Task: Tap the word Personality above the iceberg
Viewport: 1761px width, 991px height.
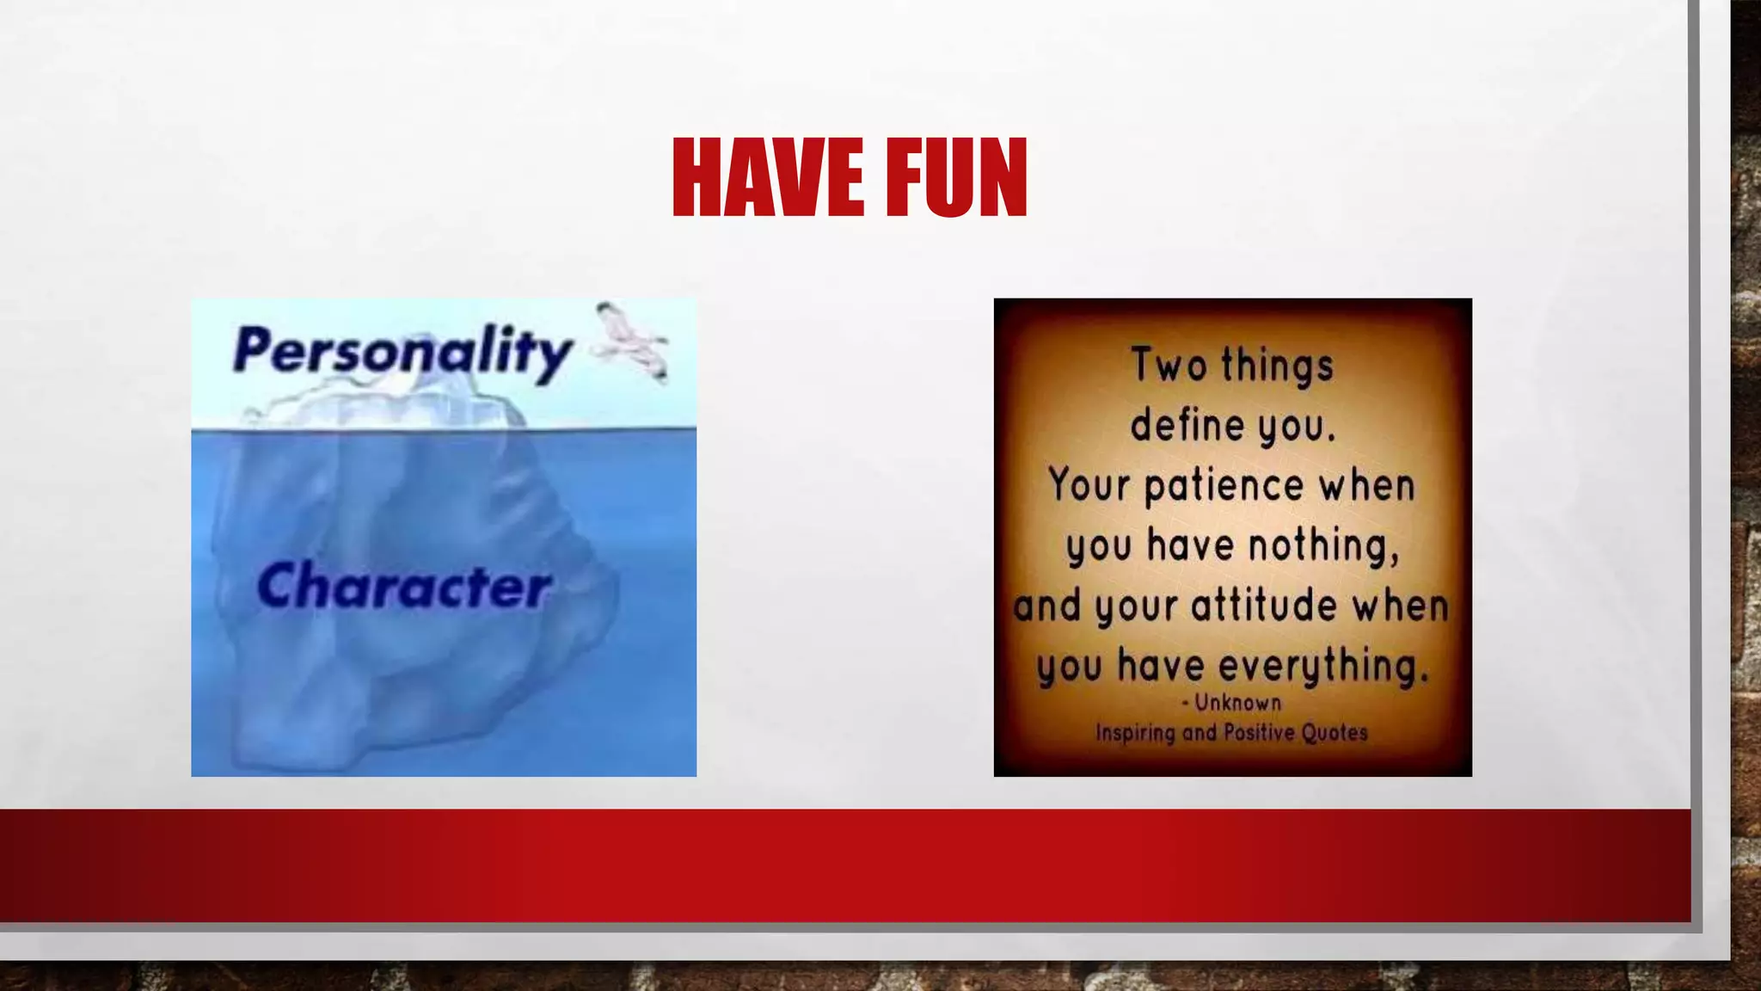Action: click(402, 351)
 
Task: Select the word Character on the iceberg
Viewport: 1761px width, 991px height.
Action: click(403, 586)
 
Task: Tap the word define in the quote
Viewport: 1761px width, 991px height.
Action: click(1187, 425)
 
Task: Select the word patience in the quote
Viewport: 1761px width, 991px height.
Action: click(1224, 486)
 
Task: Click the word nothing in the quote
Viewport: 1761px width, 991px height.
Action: click(1323, 545)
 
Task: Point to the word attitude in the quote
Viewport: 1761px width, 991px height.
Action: click(1264, 605)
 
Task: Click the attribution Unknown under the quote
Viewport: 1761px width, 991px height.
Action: click(1237, 703)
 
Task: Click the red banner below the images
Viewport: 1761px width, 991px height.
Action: click(843, 865)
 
